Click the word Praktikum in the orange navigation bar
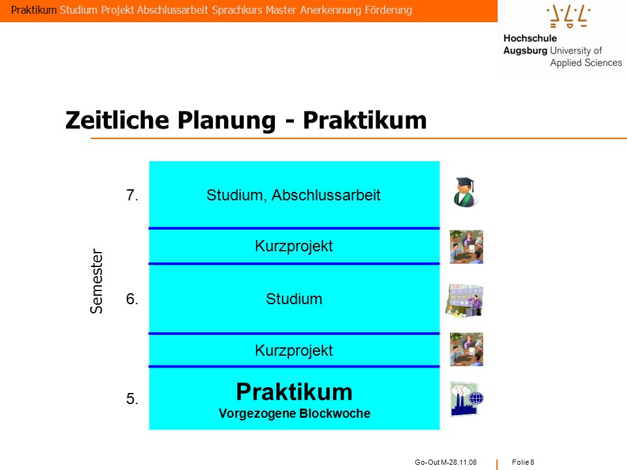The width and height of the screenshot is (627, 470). (34, 10)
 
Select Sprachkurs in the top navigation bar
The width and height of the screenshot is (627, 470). (236, 10)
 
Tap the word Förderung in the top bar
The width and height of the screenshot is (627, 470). (388, 10)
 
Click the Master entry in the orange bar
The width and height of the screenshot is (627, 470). (281, 10)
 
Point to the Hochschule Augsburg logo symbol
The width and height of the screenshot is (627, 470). (568, 16)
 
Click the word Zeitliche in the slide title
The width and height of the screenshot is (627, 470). (117, 120)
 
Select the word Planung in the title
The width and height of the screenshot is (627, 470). (227, 121)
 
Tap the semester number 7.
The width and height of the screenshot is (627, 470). (132, 195)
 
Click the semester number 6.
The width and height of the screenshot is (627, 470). (132, 299)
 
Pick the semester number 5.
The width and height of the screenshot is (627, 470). (132, 399)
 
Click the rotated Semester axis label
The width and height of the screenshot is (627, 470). (97, 281)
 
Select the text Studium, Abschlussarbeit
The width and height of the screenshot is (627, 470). (293, 195)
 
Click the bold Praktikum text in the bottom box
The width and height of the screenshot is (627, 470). (295, 392)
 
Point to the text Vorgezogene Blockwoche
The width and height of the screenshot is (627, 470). (295, 413)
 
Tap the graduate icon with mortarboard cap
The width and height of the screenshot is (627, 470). (466, 192)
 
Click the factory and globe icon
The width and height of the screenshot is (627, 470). (466, 399)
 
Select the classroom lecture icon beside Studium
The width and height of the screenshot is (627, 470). (465, 300)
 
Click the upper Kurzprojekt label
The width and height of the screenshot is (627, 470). (294, 246)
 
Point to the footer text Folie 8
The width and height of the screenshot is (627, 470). (523, 462)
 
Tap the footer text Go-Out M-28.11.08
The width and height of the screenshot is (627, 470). (446, 462)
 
